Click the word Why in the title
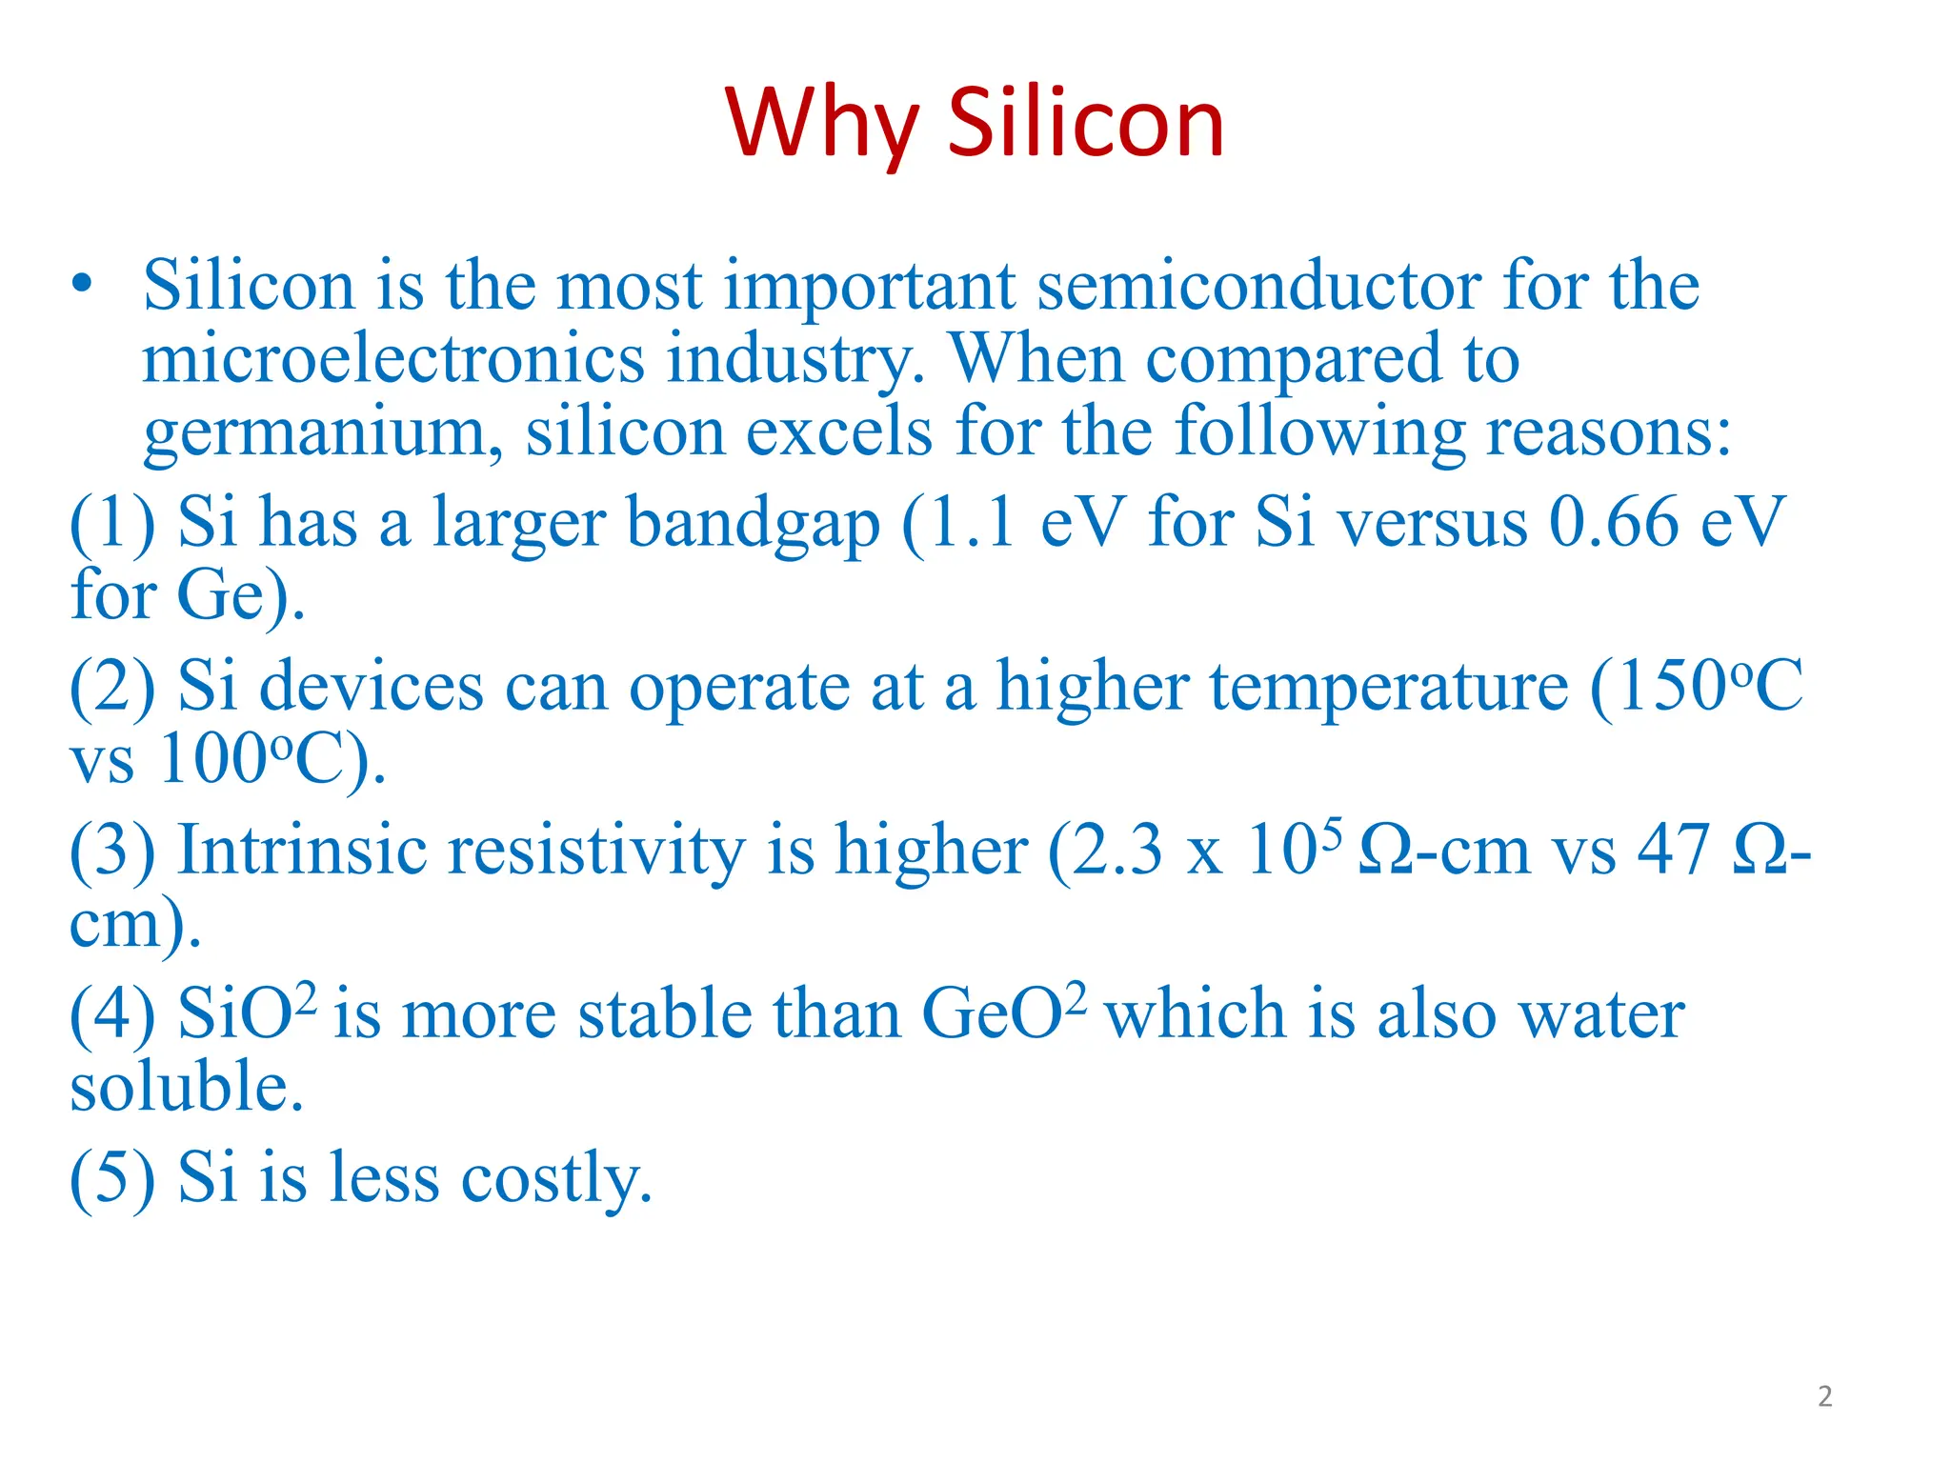tap(820, 124)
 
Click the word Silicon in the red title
tap(1085, 124)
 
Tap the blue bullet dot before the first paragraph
tap(83, 284)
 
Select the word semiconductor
tap(1258, 286)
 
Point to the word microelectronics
tap(392, 359)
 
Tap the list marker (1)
tap(112, 523)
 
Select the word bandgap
tap(753, 525)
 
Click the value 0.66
tap(1613, 523)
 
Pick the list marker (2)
tap(112, 687)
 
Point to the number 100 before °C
tap(212, 760)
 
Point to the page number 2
tap(1824, 1396)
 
